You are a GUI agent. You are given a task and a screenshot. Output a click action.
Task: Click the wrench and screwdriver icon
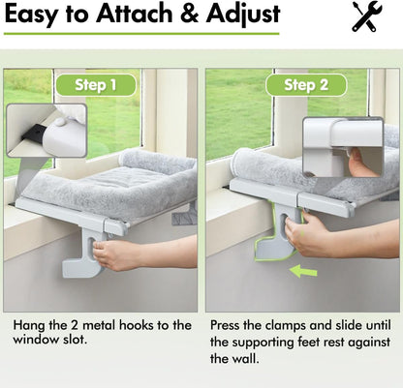click(x=366, y=16)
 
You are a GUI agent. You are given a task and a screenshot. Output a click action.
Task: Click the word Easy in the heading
click(x=38, y=15)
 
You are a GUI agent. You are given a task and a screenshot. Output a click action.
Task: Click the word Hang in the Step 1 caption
click(x=30, y=325)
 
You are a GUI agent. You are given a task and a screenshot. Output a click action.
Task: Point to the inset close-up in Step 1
click(x=46, y=131)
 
